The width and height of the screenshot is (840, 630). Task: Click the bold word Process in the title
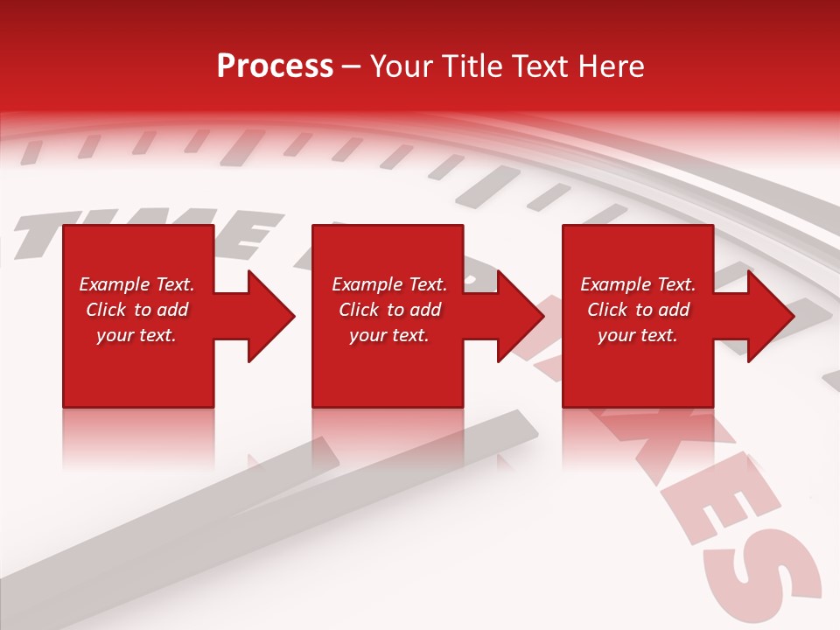275,66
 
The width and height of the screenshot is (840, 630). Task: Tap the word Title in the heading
470,66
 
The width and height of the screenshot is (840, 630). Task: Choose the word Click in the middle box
359,310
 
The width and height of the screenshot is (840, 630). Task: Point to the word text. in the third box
657,335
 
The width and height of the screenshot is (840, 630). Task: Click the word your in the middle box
368,335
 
